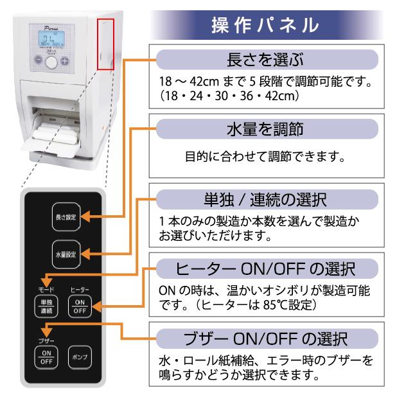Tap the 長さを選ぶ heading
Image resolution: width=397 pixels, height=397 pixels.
click(264, 62)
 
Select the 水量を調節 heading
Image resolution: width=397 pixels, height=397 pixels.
click(264, 129)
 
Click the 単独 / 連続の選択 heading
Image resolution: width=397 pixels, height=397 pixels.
click(264, 197)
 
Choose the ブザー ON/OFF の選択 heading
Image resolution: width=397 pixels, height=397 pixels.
click(264, 337)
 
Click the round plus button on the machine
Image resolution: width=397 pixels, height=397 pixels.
click(64, 62)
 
